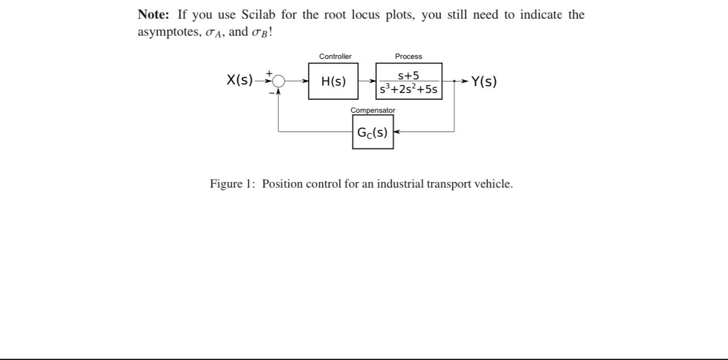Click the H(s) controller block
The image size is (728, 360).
click(x=333, y=81)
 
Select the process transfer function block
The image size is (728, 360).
click(x=409, y=81)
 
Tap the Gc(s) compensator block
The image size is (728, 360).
click(x=373, y=132)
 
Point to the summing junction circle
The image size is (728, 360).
click(x=278, y=81)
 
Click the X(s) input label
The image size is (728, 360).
click(x=240, y=80)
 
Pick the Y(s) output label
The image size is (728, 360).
click(x=484, y=81)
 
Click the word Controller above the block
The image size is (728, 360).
click(x=335, y=56)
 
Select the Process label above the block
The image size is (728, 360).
click(x=408, y=56)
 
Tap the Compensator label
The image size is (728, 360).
click(x=373, y=110)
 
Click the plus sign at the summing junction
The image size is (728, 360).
click(x=270, y=73)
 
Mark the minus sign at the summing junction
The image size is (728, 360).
click(x=271, y=91)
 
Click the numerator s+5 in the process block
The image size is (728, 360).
click(x=408, y=75)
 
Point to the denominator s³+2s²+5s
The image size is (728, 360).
click(x=409, y=89)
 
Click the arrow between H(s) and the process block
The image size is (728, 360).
click(x=367, y=81)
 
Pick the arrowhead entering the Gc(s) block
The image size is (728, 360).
click(x=396, y=132)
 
